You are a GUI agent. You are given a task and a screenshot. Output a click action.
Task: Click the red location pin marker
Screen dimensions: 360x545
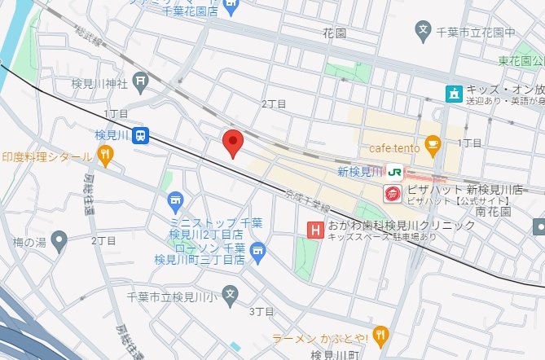[233, 141]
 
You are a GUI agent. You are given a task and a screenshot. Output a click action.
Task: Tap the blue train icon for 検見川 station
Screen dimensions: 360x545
[141, 134]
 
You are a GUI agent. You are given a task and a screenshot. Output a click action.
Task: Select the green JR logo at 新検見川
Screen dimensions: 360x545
[395, 171]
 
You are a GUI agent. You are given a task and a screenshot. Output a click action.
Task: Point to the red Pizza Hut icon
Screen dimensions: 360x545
[393, 193]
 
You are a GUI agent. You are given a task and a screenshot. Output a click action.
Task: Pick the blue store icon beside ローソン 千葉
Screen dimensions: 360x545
[257, 249]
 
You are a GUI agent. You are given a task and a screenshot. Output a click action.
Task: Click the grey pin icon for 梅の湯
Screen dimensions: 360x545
[58, 240]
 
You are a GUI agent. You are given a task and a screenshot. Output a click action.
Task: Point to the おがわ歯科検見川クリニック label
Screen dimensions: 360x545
[401, 225]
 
